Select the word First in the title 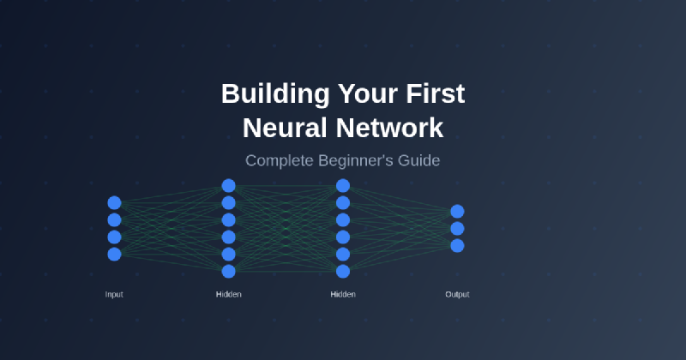(435, 93)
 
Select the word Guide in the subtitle (420, 160)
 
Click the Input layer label (114, 295)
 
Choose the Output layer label (457, 295)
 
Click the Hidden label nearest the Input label (229, 295)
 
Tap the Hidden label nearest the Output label (343, 295)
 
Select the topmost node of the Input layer (114, 203)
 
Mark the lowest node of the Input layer (114, 254)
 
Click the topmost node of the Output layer (457, 212)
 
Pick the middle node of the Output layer (457, 229)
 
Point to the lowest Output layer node (457, 246)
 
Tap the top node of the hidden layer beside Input (229, 185)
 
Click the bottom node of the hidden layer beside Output (343, 272)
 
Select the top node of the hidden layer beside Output (343, 185)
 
